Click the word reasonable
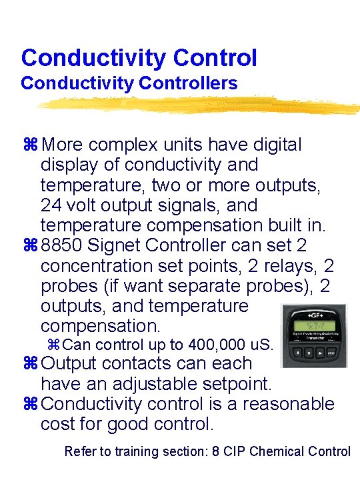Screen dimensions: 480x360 (x=288, y=404)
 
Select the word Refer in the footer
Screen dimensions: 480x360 (x=80, y=451)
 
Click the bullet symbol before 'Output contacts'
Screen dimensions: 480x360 (x=32, y=364)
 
